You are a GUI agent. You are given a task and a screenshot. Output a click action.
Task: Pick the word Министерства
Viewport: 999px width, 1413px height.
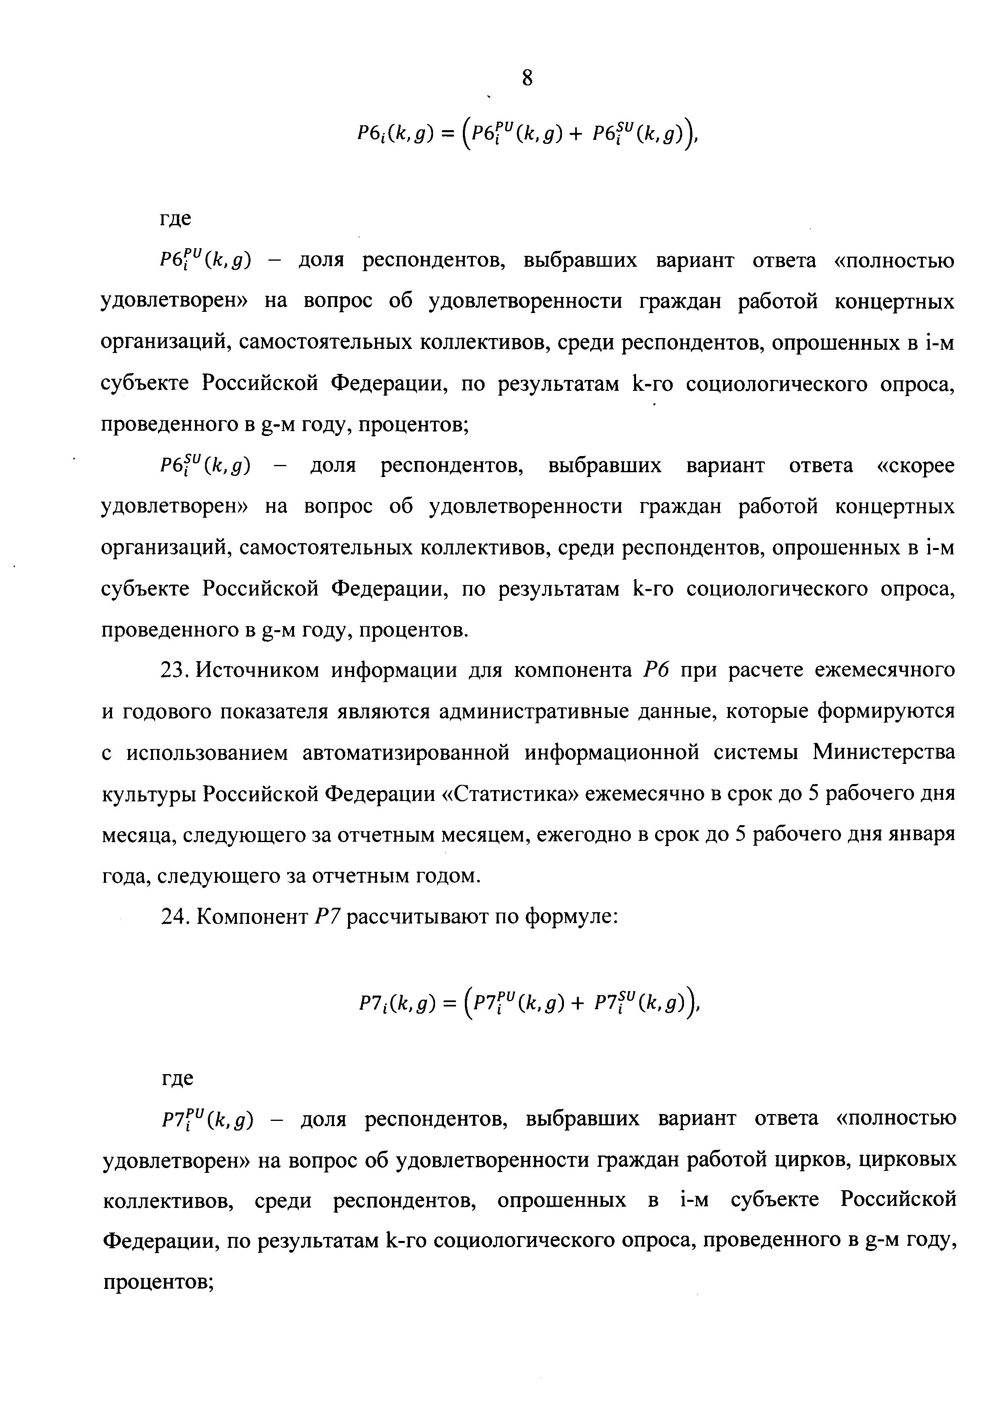tap(884, 753)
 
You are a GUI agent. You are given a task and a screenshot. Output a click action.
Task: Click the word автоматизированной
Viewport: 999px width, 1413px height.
tap(406, 753)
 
